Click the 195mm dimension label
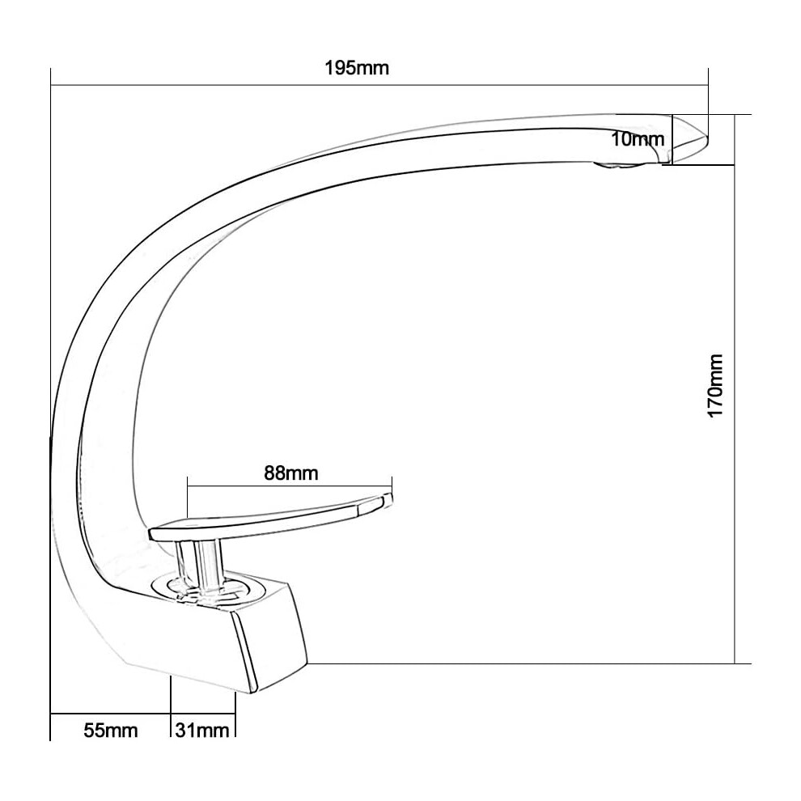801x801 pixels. click(x=357, y=68)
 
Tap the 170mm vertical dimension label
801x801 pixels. click(x=715, y=385)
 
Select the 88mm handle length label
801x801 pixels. click(x=290, y=473)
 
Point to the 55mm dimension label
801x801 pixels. click(x=111, y=731)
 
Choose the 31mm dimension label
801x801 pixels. click(x=202, y=731)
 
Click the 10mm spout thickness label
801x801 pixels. click(x=638, y=139)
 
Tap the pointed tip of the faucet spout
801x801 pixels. click(x=707, y=137)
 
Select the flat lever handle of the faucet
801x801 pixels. click(x=271, y=517)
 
